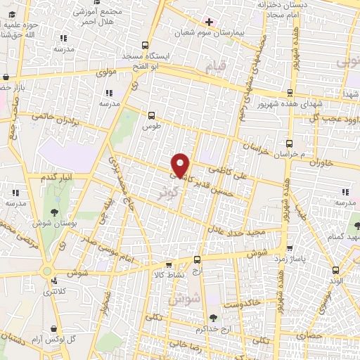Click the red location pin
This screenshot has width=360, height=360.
coord(181,165)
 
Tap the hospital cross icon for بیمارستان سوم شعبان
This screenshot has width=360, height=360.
coord(209,22)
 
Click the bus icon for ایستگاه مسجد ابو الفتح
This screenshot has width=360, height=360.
coord(145,44)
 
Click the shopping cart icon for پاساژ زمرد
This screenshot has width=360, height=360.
coord(289,247)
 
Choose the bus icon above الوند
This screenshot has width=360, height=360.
coord(335,269)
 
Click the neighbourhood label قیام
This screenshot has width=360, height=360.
coord(217,67)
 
